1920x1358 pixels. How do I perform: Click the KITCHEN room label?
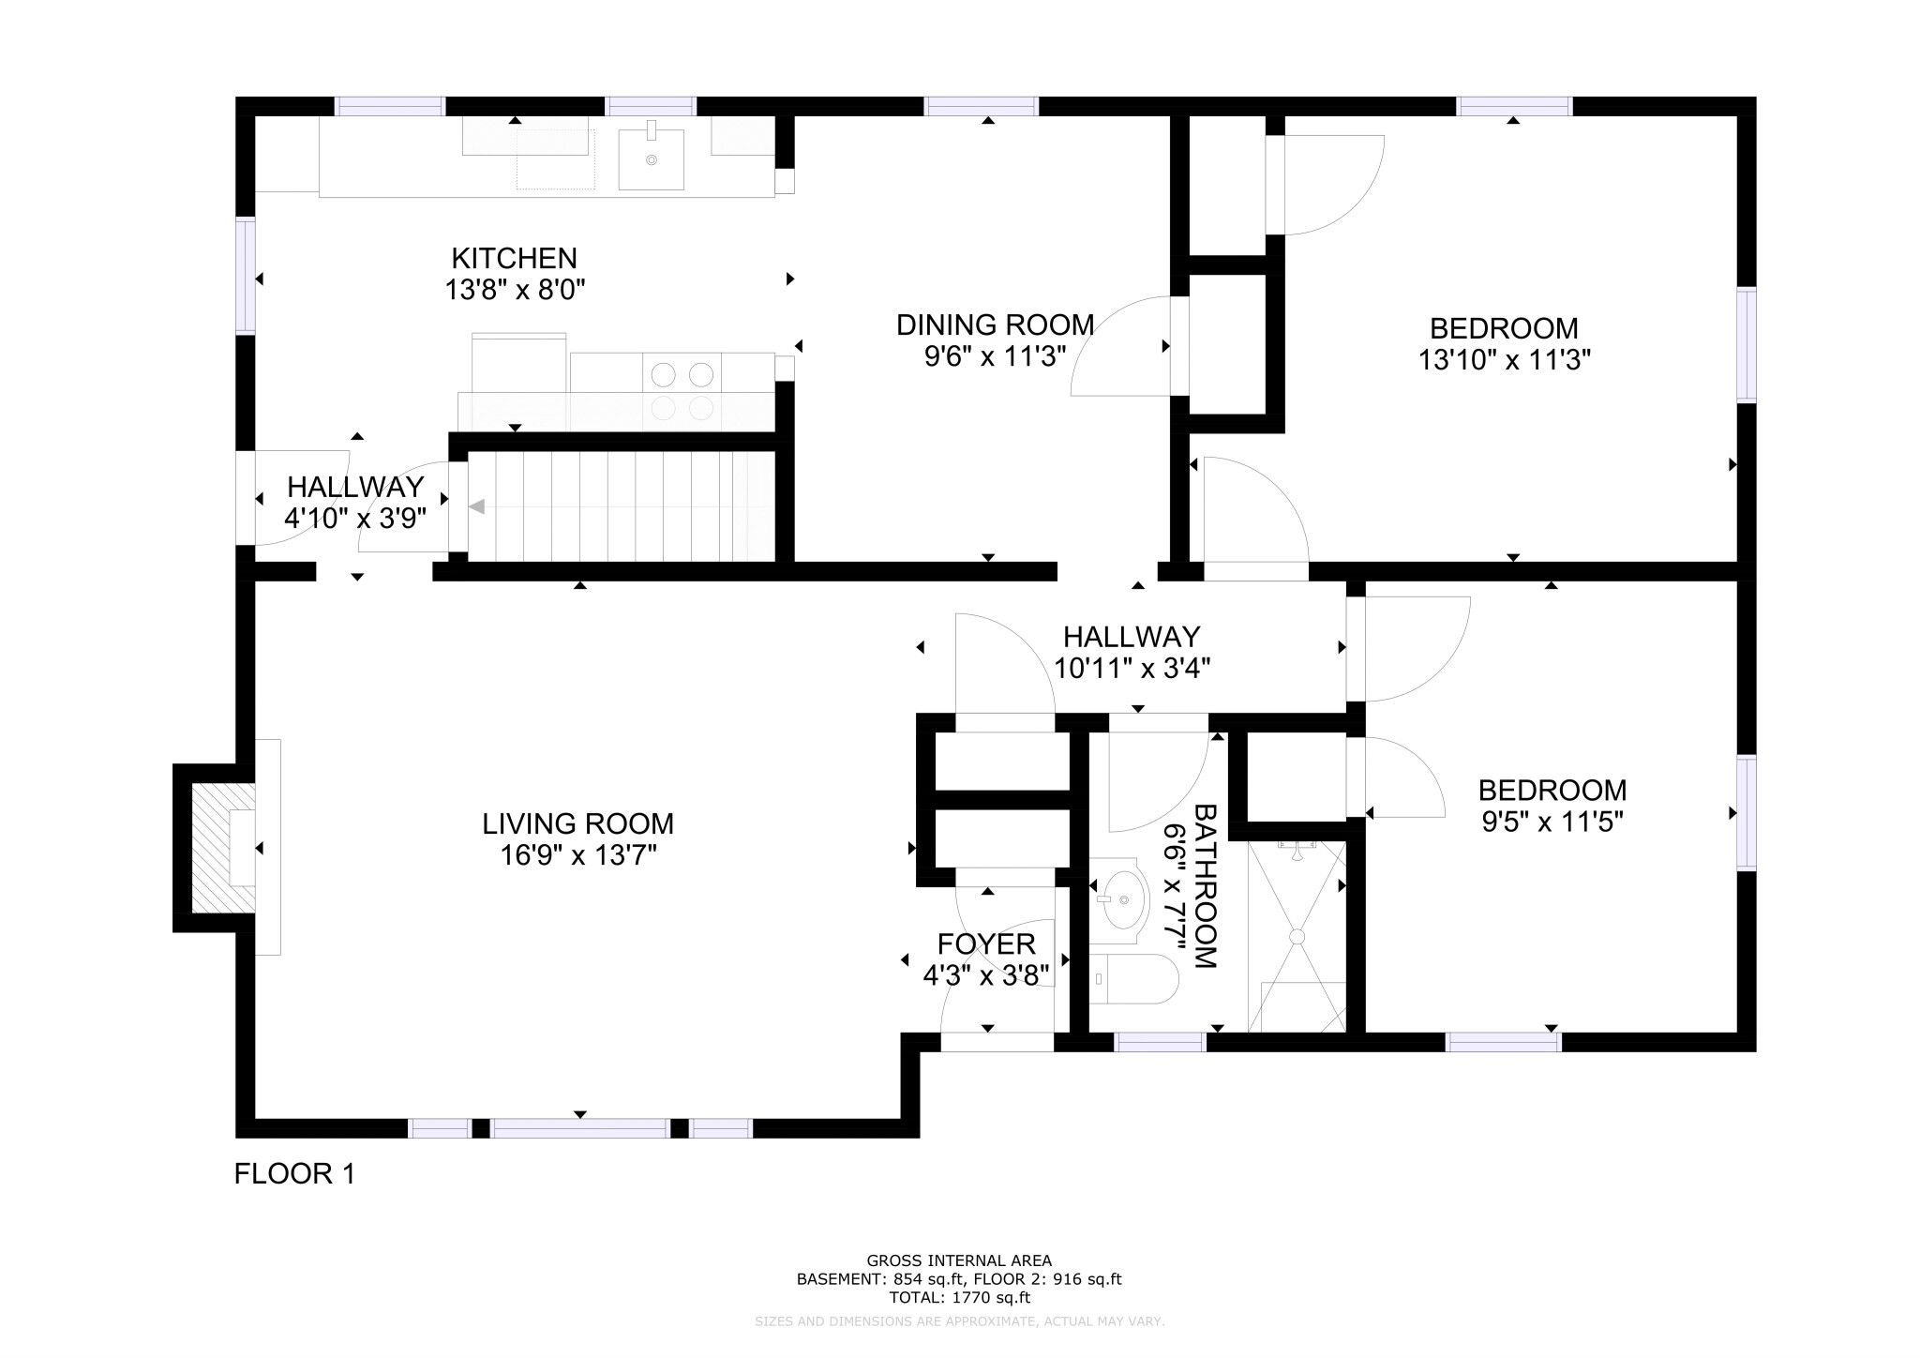(x=514, y=258)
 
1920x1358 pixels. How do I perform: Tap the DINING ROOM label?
(x=995, y=324)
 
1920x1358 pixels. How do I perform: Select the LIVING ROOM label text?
(x=577, y=823)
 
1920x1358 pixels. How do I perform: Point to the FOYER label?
(x=986, y=943)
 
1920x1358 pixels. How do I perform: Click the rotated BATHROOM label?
(x=1204, y=885)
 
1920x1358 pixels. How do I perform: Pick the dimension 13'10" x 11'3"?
(x=1504, y=360)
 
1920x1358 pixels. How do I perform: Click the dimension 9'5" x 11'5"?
(x=1552, y=822)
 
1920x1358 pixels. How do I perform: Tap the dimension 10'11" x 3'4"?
(x=1132, y=669)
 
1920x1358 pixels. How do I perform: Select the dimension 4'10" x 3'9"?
(x=355, y=518)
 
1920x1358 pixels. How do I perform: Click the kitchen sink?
(x=651, y=158)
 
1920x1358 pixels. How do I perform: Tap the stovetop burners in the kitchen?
(x=682, y=391)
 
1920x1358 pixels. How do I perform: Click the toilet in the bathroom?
(x=1134, y=979)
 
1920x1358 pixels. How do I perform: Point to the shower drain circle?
(x=1297, y=936)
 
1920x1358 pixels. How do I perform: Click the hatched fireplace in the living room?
(x=222, y=848)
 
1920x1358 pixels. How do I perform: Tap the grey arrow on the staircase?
(x=476, y=506)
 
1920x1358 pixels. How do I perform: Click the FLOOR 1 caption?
(x=294, y=1173)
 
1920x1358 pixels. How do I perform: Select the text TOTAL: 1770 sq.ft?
(x=959, y=1298)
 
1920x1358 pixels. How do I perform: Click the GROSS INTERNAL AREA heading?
(x=959, y=1260)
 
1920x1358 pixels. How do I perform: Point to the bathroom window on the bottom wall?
(x=1160, y=1041)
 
